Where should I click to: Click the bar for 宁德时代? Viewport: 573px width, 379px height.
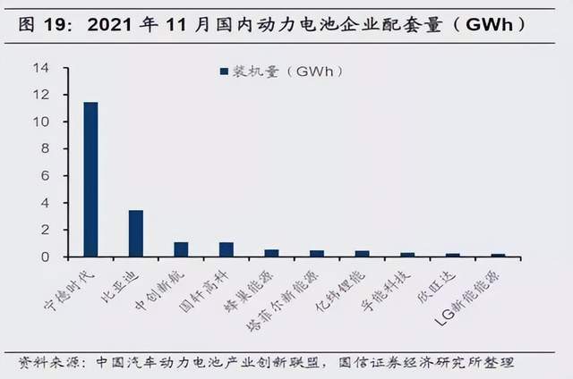(x=90, y=179)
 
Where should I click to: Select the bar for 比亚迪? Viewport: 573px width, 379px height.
(x=136, y=233)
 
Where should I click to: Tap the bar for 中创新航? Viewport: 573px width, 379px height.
(x=181, y=249)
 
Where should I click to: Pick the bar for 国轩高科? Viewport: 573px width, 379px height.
(x=226, y=249)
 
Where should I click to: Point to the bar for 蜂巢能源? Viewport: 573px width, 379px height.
(x=271, y=253)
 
